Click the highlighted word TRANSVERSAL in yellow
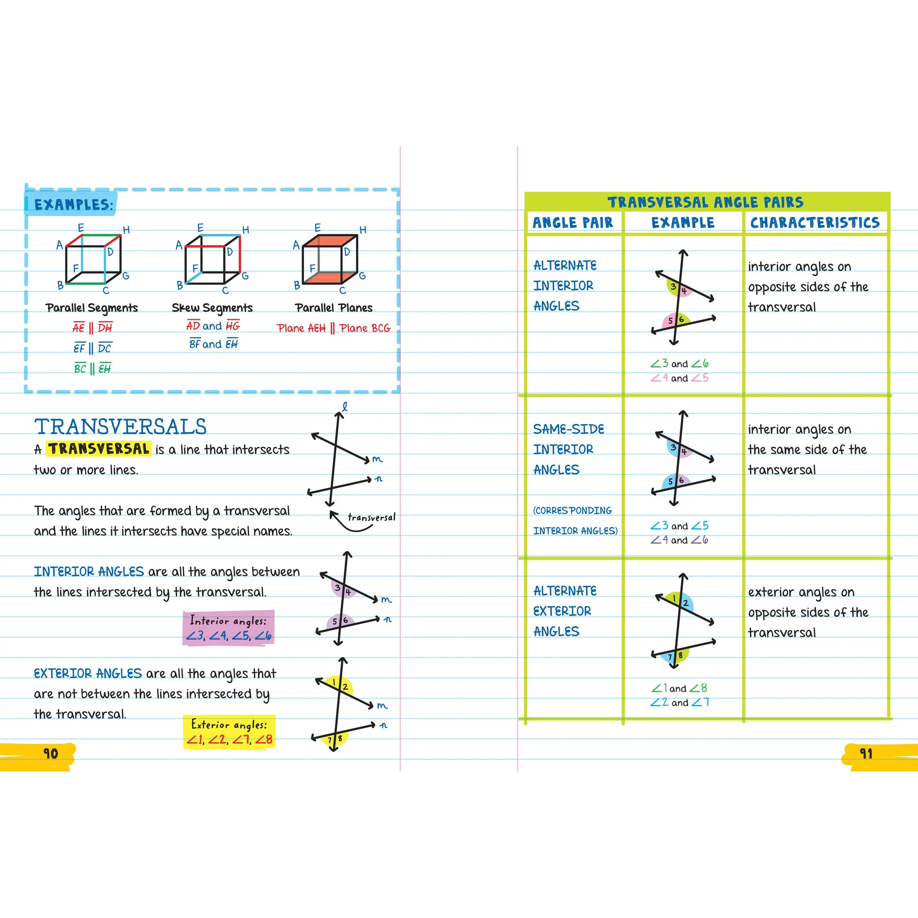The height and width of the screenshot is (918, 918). click(99, 448)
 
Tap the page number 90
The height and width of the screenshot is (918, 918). click(50, 753)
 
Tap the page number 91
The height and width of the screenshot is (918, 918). click(866, 753)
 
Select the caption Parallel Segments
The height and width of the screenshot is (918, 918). click(92, 308)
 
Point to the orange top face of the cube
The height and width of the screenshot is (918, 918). click(330, 241)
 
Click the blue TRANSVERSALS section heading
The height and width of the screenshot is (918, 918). click(120, 426)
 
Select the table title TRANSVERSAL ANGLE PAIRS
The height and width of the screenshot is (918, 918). click(705, 202)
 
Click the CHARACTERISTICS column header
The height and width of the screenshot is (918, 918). click(815, 222)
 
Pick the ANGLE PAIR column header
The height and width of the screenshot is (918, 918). click(573, 222)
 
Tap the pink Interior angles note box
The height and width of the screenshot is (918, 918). click(228, 628)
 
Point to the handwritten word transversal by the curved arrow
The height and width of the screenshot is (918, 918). click(371, 518)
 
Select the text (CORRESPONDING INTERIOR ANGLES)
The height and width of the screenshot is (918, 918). click(574, 520)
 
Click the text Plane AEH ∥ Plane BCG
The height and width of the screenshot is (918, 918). click(334, 328)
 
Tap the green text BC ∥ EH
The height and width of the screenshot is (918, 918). click(92, 368)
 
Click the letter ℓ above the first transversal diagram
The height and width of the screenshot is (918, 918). click(345, 406)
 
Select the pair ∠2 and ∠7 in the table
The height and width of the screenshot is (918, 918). click(679, 702)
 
